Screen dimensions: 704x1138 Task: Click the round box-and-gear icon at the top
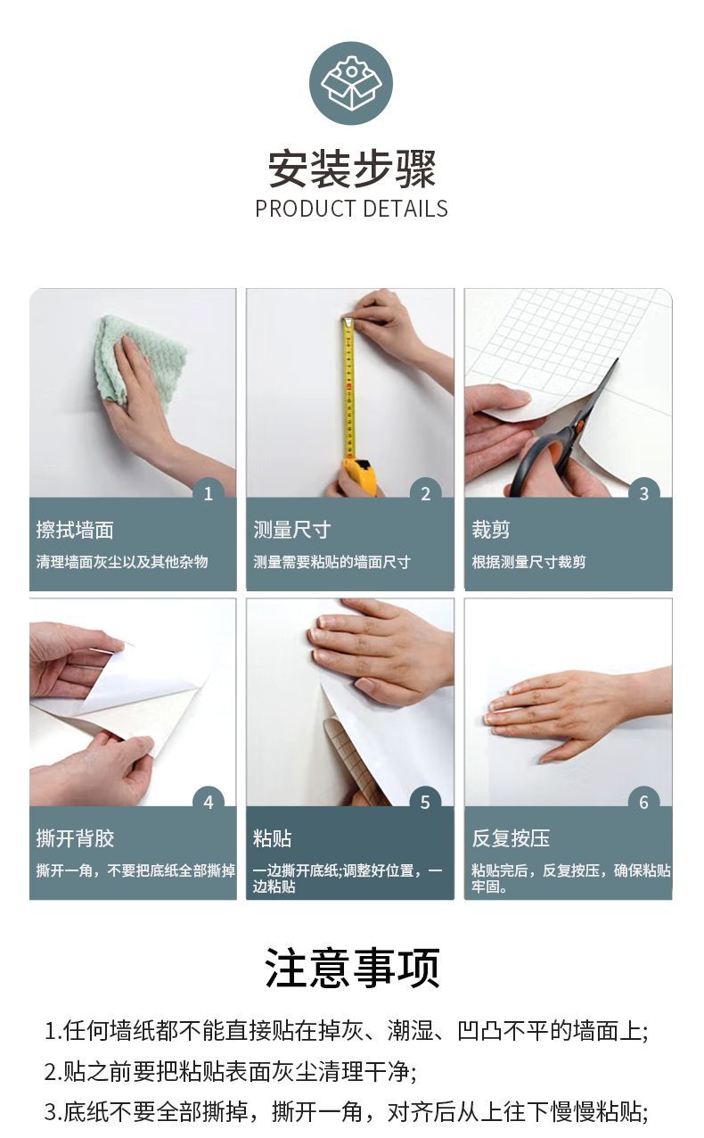pyautogui.click(x=351, y=83)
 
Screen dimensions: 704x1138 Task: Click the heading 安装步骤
pyautogui.click(x=352, y=169)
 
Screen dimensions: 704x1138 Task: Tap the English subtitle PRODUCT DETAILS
pyautogui.click(x=351, y=209)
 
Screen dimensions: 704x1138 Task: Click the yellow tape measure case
pyautogui.click(x=360, y=476)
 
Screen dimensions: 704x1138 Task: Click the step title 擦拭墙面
pyautogui.click(x=75, y=530)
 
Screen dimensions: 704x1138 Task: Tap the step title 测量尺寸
pyautogui.click(x=292, y=530)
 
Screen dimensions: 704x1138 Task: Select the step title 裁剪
pyautogui.click(x=490, y=530)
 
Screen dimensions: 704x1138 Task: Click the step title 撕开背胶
pyautogui.click(x=75, y=838)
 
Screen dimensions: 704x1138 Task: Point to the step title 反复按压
pyautogui.click(x=511, y=838)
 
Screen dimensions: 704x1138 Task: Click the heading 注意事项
pyautogui.click(x=352, y=968)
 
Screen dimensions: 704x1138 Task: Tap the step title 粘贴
pyautogui.click(x=272, y=838)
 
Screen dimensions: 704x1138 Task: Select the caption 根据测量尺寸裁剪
pyautogui.click(x=528, y=562)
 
